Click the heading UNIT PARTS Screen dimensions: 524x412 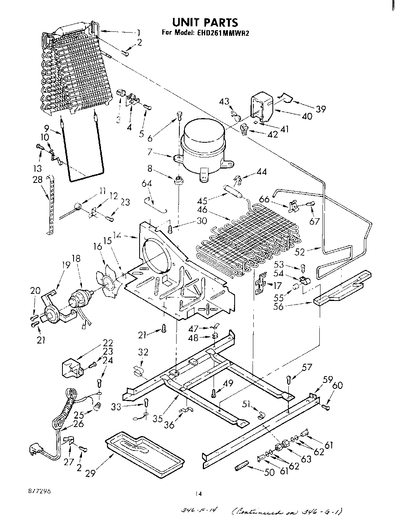(x=205, y=22)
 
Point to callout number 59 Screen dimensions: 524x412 (x=327, y=380)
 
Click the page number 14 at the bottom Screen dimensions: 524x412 (x=199, y=494)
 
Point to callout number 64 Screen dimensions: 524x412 (x=147, y=183)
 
